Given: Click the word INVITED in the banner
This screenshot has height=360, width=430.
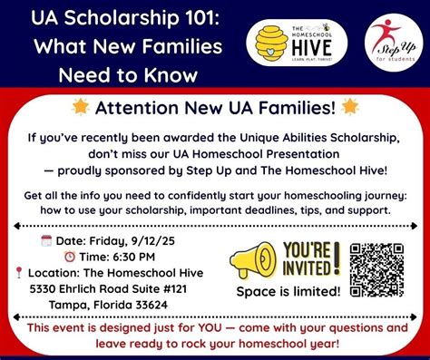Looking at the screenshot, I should click(308, 268).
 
